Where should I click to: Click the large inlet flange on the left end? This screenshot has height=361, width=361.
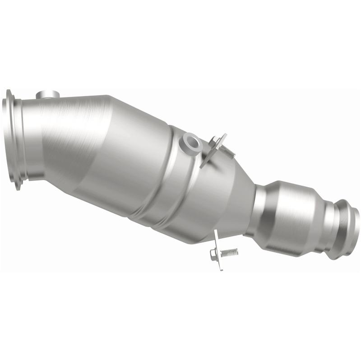click(11, 140)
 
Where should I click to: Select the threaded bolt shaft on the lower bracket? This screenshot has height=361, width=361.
click(230, 251)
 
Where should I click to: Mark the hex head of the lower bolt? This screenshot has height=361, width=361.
click(213, 255)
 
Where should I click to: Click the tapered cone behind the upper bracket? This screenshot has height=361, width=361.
click(235, 190)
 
